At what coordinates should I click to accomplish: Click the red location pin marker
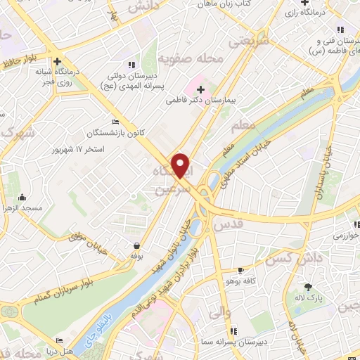point(181,165)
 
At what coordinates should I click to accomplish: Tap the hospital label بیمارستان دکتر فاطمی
point(199,101)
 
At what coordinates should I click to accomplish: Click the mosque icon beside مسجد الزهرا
point(22,198)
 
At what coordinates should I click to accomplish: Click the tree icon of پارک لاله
point(308,286)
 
